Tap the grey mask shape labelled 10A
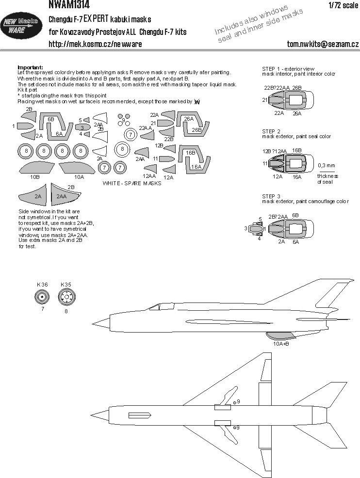pyautogui.click(x=79, y=168)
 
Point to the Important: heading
pyautogui.click(x=30, y=67)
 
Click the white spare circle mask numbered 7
pyautogui.click(x=131, y=136)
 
